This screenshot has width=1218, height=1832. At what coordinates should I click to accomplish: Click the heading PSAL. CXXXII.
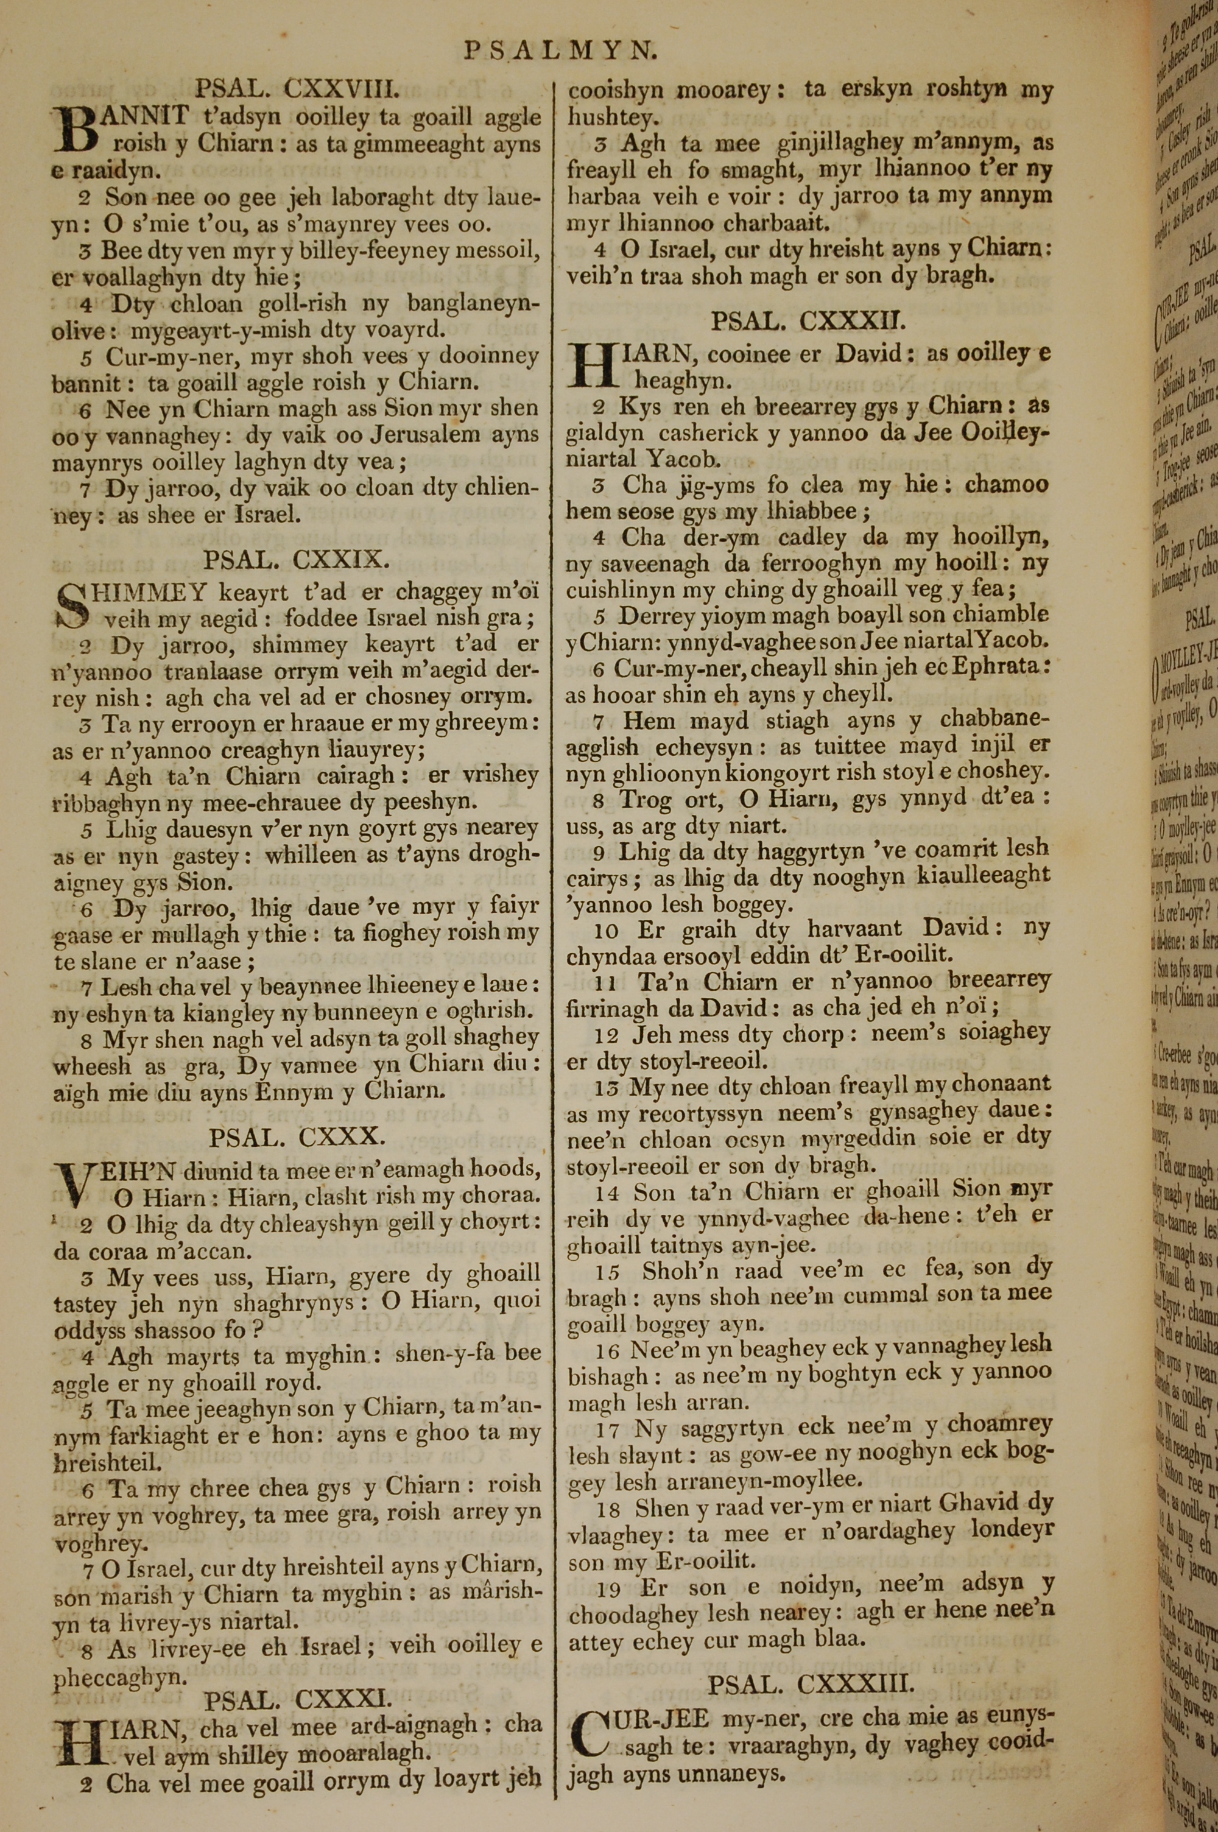tap(808, 321)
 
